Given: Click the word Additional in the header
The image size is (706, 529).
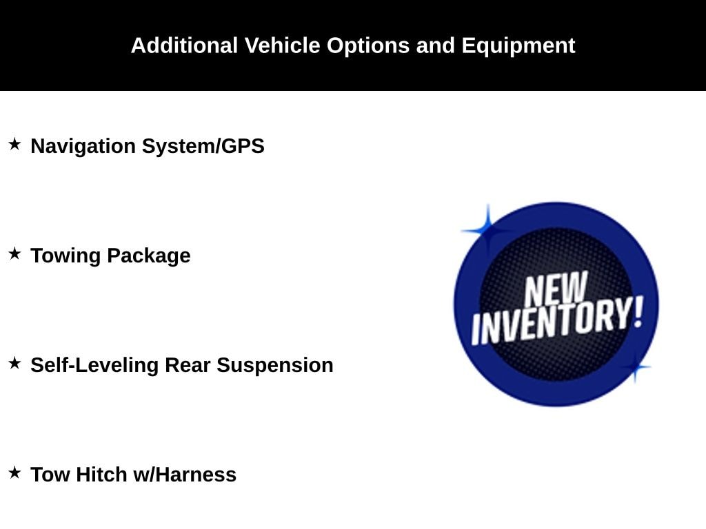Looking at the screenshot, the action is click(x=184, y=45).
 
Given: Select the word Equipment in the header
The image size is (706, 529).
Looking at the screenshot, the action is click(x=518, y=46).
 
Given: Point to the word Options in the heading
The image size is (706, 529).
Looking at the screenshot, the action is click(x=368, y=46).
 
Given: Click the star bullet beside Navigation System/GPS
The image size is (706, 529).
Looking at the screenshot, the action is click(x=15, y=145).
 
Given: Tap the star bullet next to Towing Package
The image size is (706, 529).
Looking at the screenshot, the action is click(x=15, y=253).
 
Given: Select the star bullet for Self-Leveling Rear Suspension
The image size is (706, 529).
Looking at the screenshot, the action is click(x=15, y=363).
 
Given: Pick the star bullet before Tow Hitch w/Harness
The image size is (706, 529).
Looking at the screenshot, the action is click(x=15, y=473).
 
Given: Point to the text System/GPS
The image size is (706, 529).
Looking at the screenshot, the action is click(x=203, y=146).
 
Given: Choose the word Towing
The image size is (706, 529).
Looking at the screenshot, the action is click(x=65, y=256).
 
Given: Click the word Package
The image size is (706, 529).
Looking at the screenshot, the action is click(x=149, y=256).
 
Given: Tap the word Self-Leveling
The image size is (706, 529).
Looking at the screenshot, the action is click(x=94, y=365).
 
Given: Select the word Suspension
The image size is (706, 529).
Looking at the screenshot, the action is click(x=275, y=365).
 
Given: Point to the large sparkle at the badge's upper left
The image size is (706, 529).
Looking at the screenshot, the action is click(x=487, y=231).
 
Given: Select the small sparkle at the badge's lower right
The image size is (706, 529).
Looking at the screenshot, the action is click(x=635, y=367).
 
